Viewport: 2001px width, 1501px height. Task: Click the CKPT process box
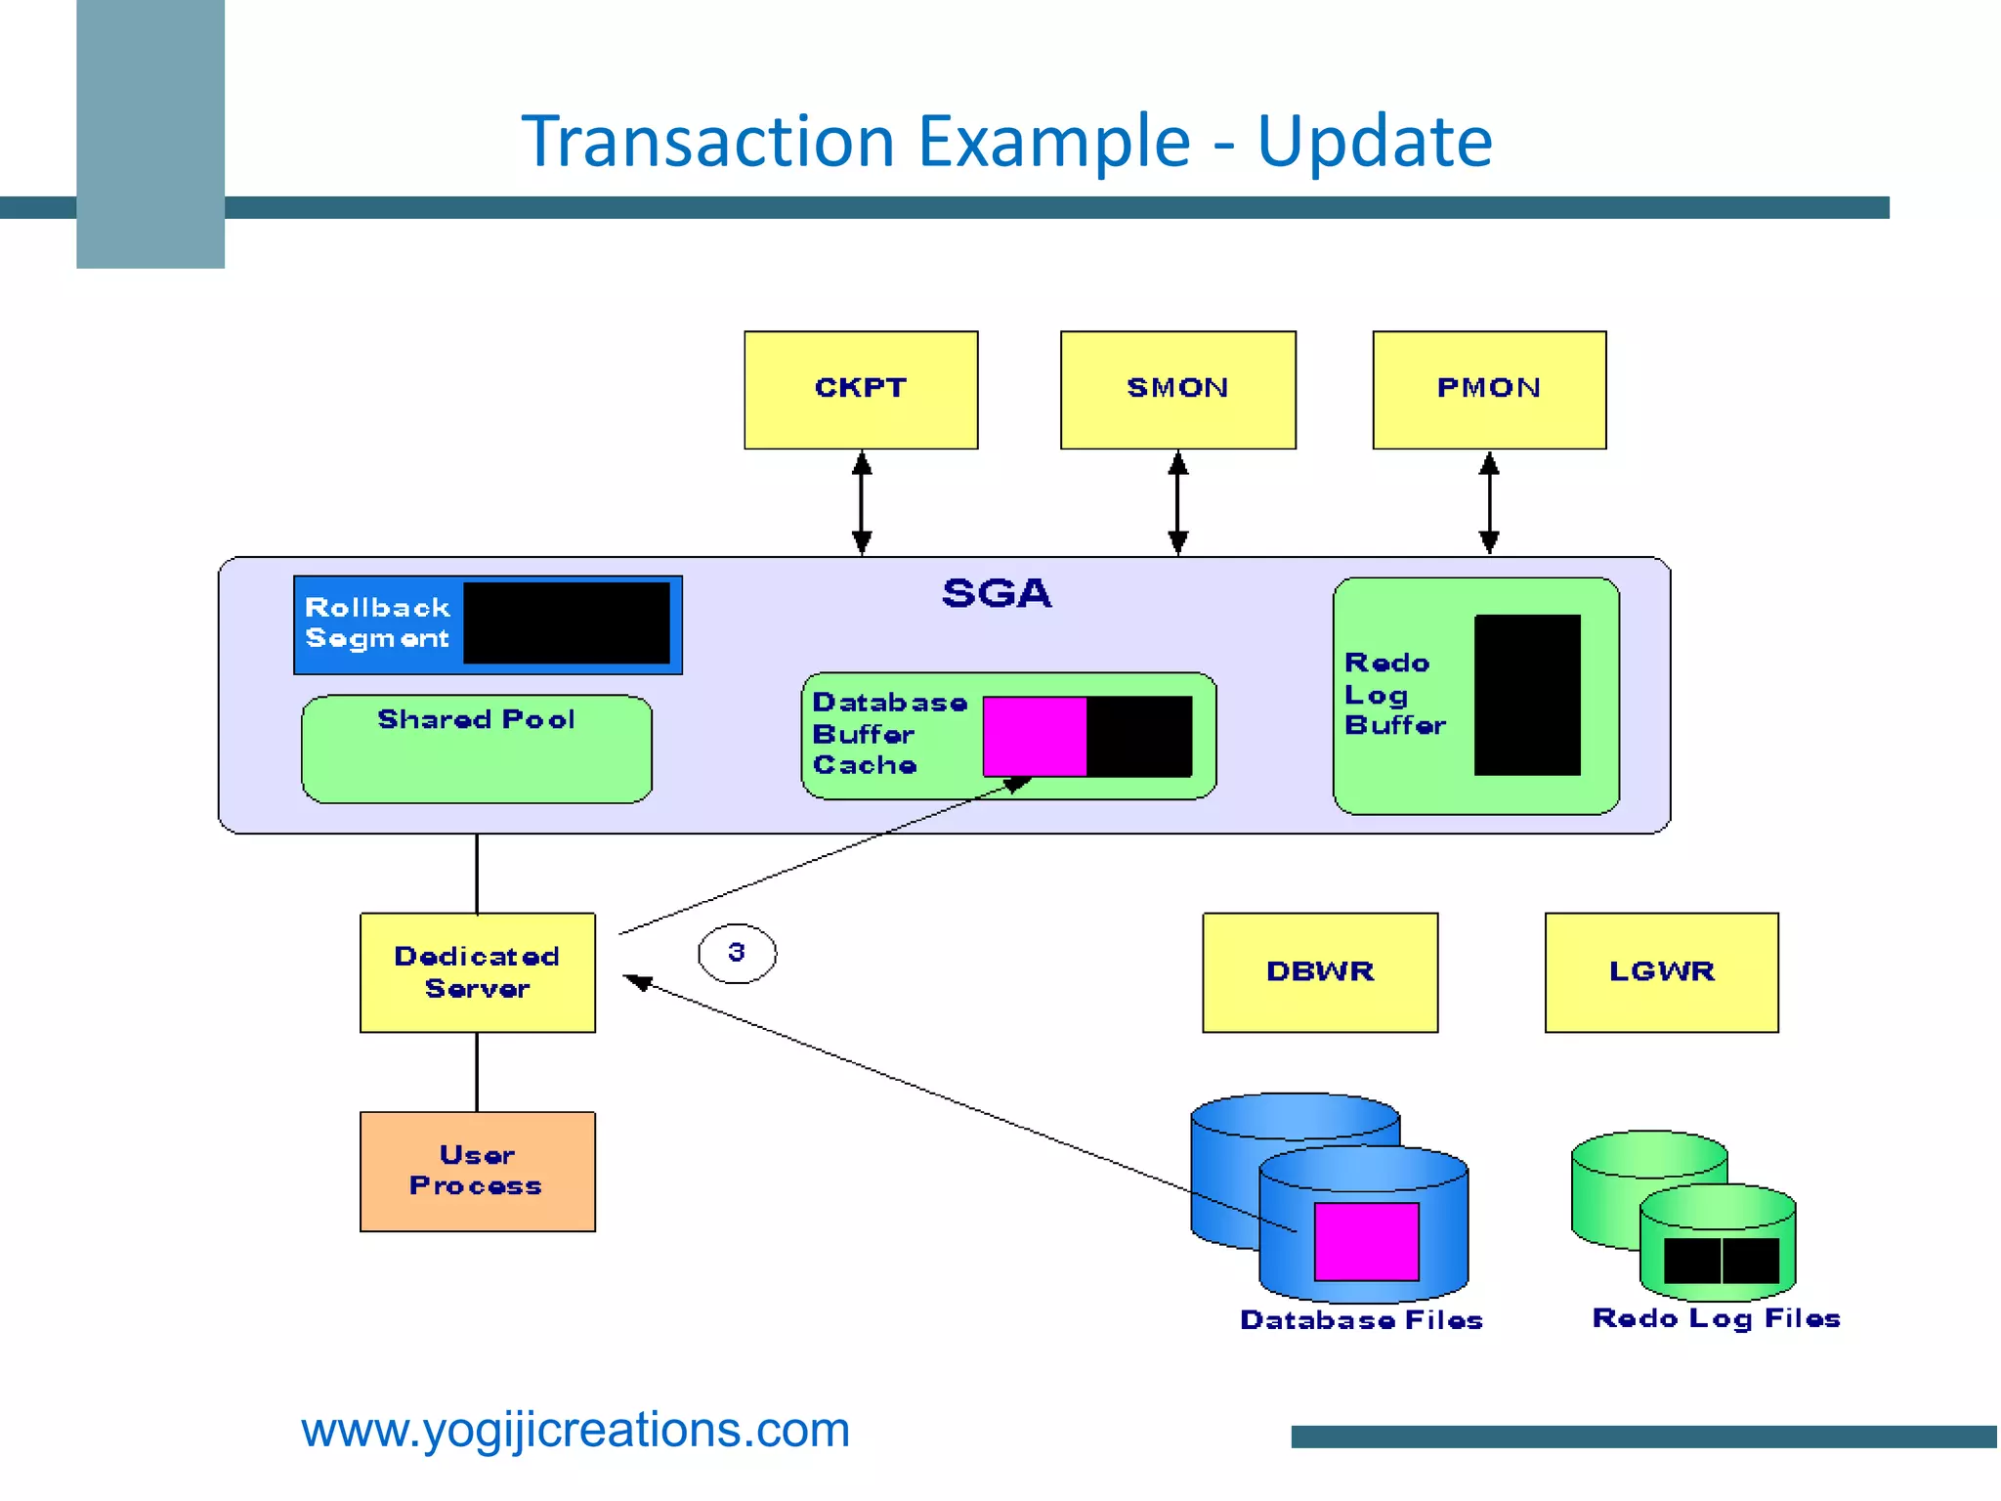click(x=861, y=390)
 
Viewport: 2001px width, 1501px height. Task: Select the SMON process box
click(x=1177, y=390)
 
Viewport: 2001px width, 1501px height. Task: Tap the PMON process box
click(x=1489, y=390)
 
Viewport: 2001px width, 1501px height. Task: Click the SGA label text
click(x=997, y=593)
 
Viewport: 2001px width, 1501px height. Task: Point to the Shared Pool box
click(x=476, y=750)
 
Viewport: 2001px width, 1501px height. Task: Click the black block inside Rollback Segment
click(x=567, y=623)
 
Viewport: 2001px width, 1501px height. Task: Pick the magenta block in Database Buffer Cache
click(x=1035, y=736)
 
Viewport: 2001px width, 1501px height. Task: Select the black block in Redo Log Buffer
click(x=1527, y=695)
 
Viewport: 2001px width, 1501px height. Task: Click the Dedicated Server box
click(x=477, y=972)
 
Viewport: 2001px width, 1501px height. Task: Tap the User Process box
click(x=477, y=1171)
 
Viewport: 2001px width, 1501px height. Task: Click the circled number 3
click(x=737, y=953)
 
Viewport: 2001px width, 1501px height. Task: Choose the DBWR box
click(x=1320, y=972)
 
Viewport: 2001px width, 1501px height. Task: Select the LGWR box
click(x=1661, y=972)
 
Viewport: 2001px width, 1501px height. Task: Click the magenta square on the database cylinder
click(x=1366, y=1241)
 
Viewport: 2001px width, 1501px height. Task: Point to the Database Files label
click(x=1361, y=1320)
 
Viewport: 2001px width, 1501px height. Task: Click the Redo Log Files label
click(x=1716, y=1318)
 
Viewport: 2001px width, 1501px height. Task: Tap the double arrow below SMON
click(x=1178, y=503)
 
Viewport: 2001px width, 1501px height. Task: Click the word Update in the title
click(x=1374, y=142)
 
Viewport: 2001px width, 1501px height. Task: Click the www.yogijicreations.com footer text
click(x=575, y=1430)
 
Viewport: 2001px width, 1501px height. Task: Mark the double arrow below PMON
click(x=1489, y=503)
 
